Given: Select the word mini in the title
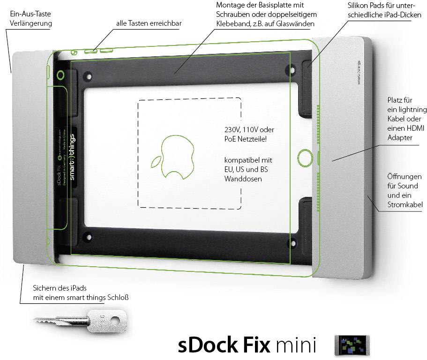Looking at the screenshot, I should (295, 345).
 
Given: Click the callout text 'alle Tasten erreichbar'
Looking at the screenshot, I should (149, 23).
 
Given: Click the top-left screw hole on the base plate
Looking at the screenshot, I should (87, 75).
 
